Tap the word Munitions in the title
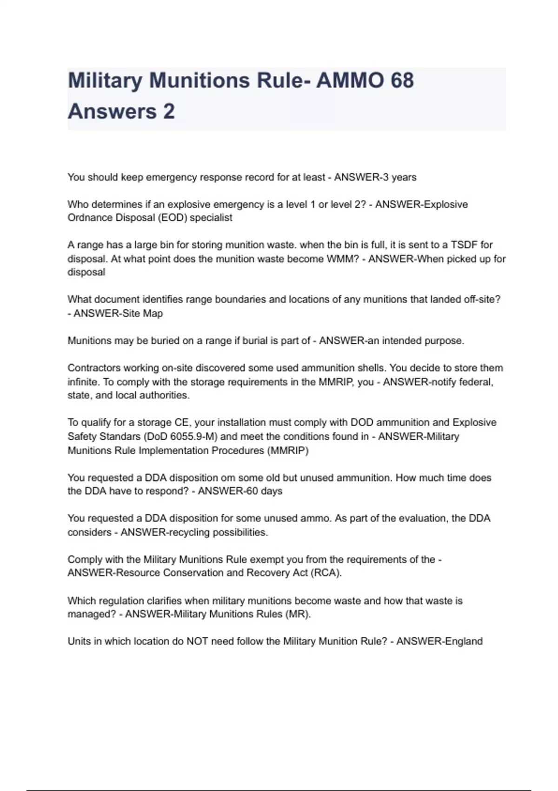coord(199,80)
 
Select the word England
coord(464,641)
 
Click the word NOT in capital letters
coord(197,641)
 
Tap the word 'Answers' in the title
coord(112,112)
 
